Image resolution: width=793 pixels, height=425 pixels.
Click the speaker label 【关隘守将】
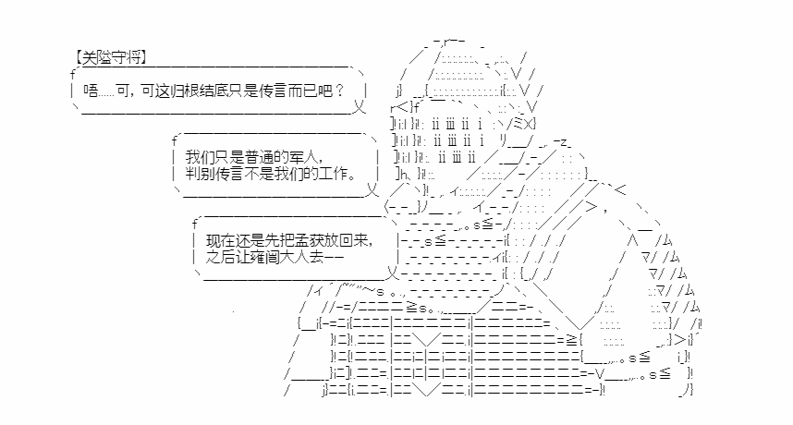pyautogui.click(x=111, y=56)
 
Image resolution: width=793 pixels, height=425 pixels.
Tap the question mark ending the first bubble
pyautogui.click(x=339, y=91)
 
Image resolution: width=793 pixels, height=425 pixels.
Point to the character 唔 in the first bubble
pyautogui.click(x=91, y=91)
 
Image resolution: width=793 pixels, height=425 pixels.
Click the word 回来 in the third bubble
pyautogui.click(x=352, y=240)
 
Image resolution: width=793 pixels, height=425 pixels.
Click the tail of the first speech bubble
pyautogui.click(x=360, y=107)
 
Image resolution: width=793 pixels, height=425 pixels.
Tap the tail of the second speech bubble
pyautogui.click(x=372, y=190)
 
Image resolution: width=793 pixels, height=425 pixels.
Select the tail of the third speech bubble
pyautogui.click(x=393, y=273)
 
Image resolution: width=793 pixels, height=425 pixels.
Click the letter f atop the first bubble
pyautogui.click(x=73, y=75)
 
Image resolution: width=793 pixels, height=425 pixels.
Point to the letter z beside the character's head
pyautogui.click(x=566, y=142)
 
